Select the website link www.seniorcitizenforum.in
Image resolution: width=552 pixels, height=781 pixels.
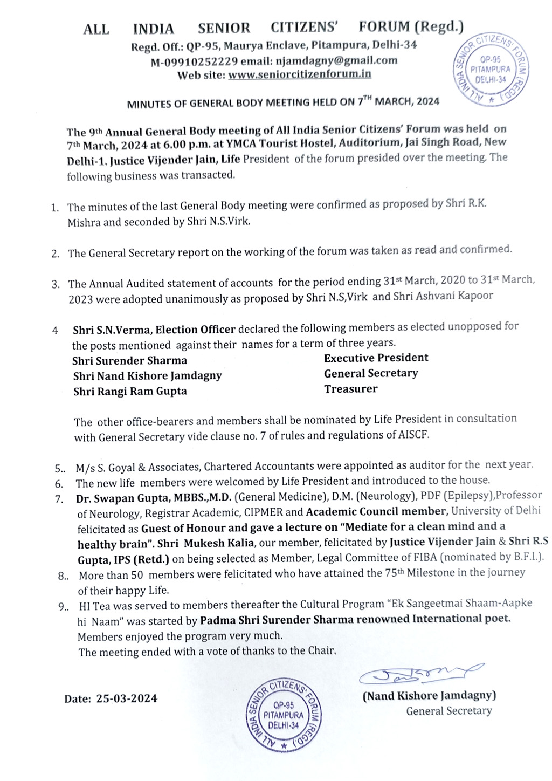(300, 74)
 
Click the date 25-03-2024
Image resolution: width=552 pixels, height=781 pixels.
(127, 698)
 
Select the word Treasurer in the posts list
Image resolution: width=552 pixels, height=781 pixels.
(350, 389)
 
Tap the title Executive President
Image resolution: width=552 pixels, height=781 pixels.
(376, 358)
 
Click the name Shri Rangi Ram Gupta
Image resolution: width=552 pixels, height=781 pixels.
(130, 391)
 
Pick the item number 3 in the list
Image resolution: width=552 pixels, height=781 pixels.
(56, 284)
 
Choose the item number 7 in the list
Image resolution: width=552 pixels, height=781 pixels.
(59, 499)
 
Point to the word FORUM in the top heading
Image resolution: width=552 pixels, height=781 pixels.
(384, 27)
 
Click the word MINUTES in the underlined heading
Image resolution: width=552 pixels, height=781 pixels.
(149, 104)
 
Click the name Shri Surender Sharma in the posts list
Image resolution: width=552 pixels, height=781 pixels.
(129, 360)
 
